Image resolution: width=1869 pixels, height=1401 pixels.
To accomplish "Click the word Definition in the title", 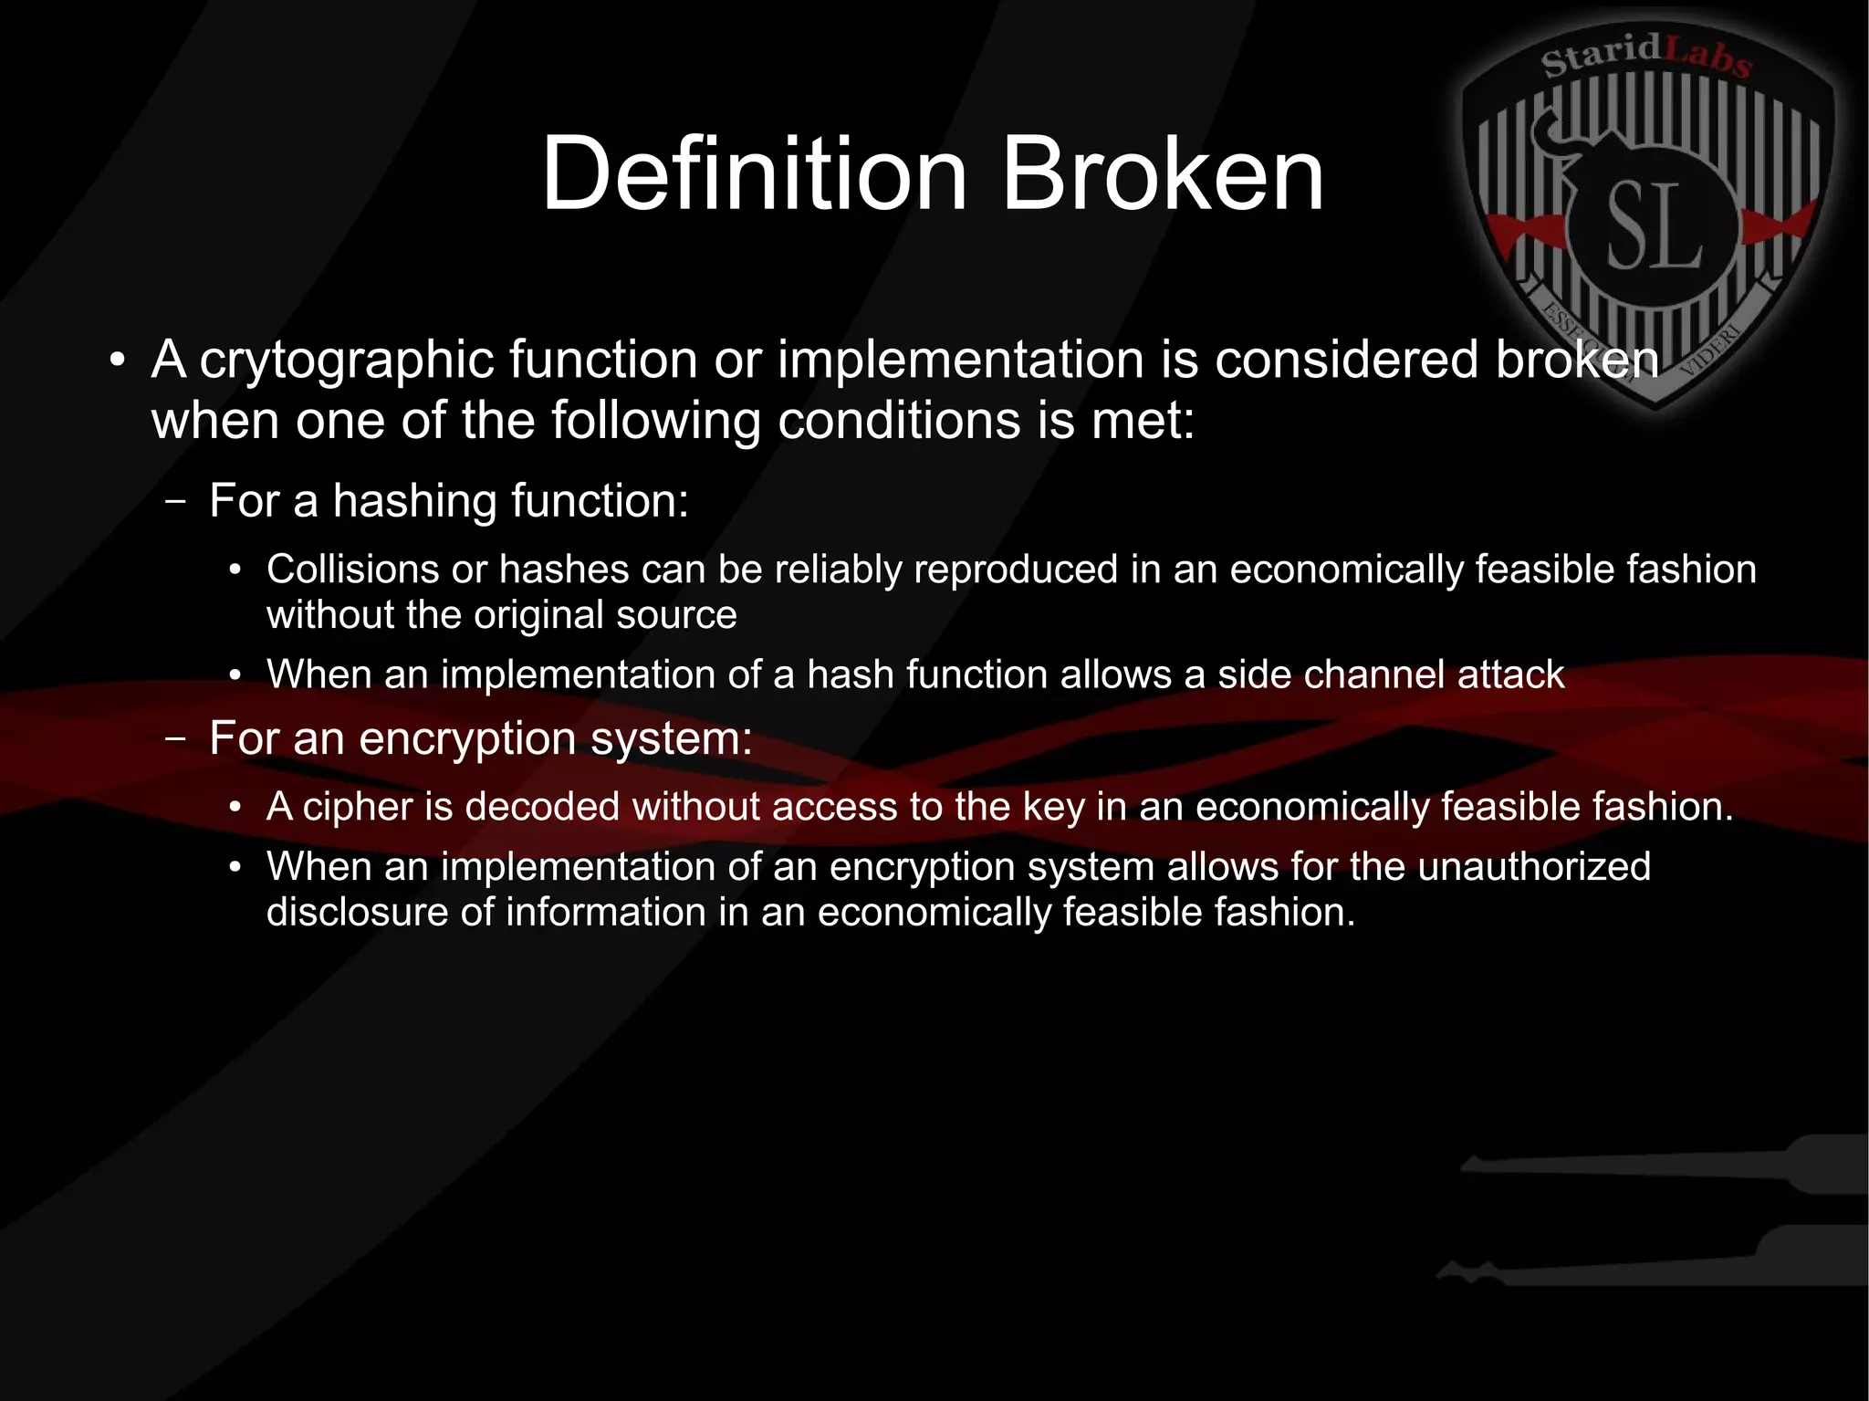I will [754, 173].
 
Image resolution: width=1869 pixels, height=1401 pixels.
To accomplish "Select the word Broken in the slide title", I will [1163, 173].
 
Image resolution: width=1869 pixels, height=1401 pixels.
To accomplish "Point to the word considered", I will [1345, 359].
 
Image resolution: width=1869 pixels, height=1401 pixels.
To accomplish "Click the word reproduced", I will [1015, 570].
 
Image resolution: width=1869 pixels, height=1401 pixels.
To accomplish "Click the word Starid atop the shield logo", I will [1602, 57].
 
